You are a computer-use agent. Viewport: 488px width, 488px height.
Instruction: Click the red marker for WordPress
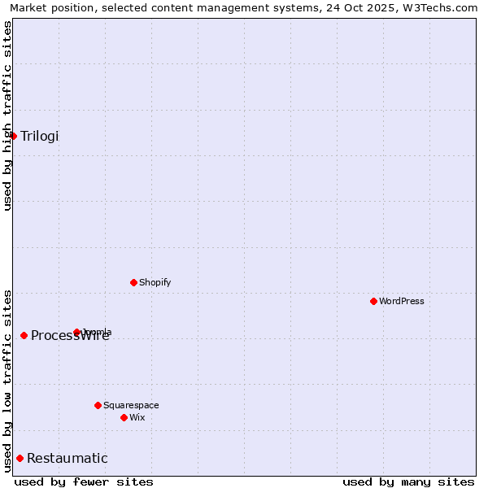coord(373,301)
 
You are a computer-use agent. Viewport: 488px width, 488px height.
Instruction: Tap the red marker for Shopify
coord(133,282)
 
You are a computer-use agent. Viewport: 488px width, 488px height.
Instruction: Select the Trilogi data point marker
coord(13,136)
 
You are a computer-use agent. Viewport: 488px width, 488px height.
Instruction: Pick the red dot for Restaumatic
coord(20,459)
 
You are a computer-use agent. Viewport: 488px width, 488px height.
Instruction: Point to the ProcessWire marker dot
coord(24,335)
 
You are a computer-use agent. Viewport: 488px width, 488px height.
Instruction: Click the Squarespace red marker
coord(98,405)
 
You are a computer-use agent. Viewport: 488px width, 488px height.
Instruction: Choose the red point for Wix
coord(124,417)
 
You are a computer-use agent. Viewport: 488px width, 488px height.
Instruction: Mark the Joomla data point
coord(76,332)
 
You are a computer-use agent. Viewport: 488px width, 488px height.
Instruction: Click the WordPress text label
coord(402,302)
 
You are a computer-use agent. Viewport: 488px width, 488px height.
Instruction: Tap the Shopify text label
coord(155,283)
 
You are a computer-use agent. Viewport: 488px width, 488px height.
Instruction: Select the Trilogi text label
coord(40,136)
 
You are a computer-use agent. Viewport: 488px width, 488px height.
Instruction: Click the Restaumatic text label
coord(68,459)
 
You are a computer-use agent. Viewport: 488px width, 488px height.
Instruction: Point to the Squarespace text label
coord(131,406)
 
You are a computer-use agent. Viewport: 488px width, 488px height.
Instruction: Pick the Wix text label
coord(137,418)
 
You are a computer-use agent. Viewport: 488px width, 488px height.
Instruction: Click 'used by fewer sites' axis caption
coord(84,482)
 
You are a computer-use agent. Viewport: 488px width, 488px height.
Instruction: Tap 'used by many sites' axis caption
coord(408,482)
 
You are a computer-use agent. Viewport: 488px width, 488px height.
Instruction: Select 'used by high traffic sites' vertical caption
coord(7,115)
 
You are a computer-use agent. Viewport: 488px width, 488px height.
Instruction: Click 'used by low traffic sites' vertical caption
coord(7,381)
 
